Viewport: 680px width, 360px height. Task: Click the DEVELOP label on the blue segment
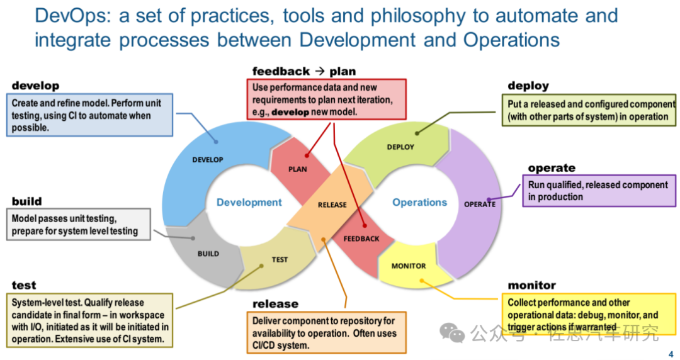(x=207, y=160)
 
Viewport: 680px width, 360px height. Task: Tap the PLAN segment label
(x=298, y=169)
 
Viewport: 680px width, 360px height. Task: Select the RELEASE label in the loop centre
(x=332, y=205)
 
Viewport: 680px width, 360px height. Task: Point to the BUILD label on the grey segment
(x=208, y=254)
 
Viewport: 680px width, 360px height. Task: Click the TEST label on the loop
(x=280, y=259)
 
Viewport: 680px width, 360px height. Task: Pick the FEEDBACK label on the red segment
(x=361, y=239)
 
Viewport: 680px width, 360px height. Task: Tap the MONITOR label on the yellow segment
(x=409, y=266)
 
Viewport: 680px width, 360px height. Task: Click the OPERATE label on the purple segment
(x=480, y=205)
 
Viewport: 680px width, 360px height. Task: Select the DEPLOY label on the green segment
(x=400, y=147)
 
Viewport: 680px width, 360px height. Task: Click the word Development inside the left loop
(x=249, y=203)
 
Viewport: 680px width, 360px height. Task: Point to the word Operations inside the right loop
(x=420, y=203)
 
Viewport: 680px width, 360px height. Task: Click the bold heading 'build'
(x=26, y=201)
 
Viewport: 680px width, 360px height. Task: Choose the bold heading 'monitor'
(x=532, y=286)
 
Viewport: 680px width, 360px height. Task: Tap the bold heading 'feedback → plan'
(x=304, y=72)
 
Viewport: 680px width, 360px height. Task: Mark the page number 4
(x=671, y=354)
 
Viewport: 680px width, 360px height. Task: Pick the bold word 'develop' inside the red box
(x=290, y=112)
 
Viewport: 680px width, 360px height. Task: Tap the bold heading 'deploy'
(x=528, y=86)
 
